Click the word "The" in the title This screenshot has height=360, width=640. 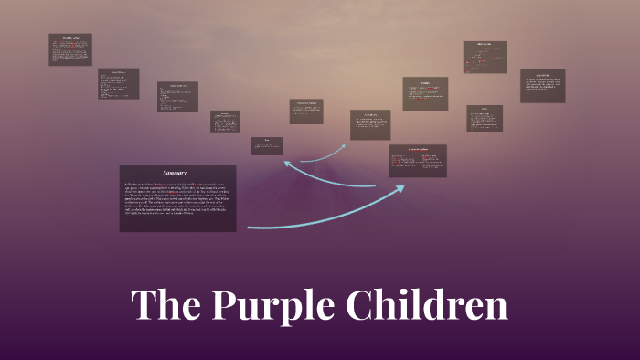[x=165, y=306]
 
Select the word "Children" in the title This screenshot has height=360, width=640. [x=426, y=306]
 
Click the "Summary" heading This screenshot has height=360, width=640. [x=175, y=173]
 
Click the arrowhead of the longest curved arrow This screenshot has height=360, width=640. [x=403, y=187]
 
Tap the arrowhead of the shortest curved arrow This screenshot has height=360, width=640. [x=344, y=145]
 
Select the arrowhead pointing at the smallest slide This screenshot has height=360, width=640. [x=286, y=163]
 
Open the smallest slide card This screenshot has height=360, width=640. [x=267, y=146]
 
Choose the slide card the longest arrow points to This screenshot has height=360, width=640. [x=418, y=161]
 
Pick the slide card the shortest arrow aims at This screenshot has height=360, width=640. [x=370, y=124]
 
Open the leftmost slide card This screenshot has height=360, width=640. [x=70, y=49]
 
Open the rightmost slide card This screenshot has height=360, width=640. [x=543, y=86]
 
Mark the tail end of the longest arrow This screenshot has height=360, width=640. [x=249, y=227]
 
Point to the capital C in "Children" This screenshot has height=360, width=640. [x=361, y=306]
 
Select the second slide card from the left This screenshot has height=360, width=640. [x=119, y=83]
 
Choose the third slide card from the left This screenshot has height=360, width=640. [x=177, y=97]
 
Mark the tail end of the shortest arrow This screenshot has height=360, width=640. [x=302, y=161]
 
